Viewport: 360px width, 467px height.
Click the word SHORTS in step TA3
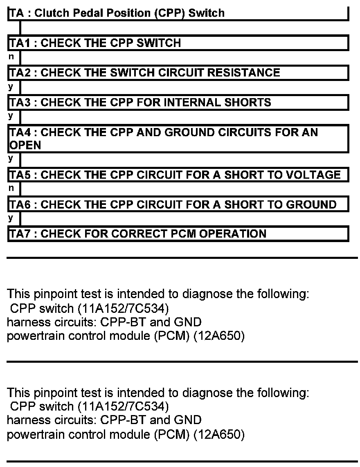[x=248, y=102]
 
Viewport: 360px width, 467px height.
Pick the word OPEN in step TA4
[x=25, y=145]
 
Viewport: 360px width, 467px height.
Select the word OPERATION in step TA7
[x=232, y=234]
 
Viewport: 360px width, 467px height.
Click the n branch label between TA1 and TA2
[x=11, y=57]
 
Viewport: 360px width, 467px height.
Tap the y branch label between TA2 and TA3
[x=11, y=87]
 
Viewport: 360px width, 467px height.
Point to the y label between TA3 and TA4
[x=11, y=117]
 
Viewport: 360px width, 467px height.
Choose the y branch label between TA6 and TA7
[x=11, y=219]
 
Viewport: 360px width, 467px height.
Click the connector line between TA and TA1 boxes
[x=20, y=28]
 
